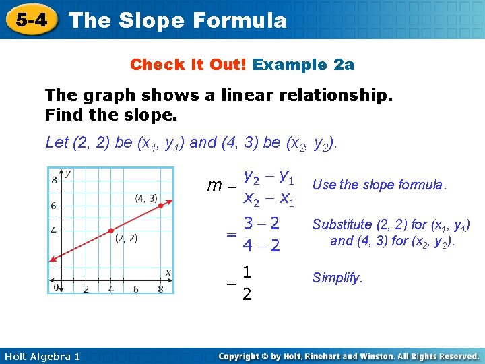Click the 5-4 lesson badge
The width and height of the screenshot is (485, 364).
(32, 20)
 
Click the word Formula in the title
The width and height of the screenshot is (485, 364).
(239, 20)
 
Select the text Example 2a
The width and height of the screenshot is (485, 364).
(304, 65)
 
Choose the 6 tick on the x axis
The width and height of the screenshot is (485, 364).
(135, 289)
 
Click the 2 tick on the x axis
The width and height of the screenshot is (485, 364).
(86, 289)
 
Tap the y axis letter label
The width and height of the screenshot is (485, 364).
(68, 173)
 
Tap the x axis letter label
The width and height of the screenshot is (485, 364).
(168, 272)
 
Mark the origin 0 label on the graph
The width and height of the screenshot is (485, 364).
(57, 288)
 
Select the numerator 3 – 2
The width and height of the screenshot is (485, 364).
(262, 224)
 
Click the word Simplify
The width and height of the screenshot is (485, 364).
(337, 278)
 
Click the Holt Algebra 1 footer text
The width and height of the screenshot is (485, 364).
(40, 356)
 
